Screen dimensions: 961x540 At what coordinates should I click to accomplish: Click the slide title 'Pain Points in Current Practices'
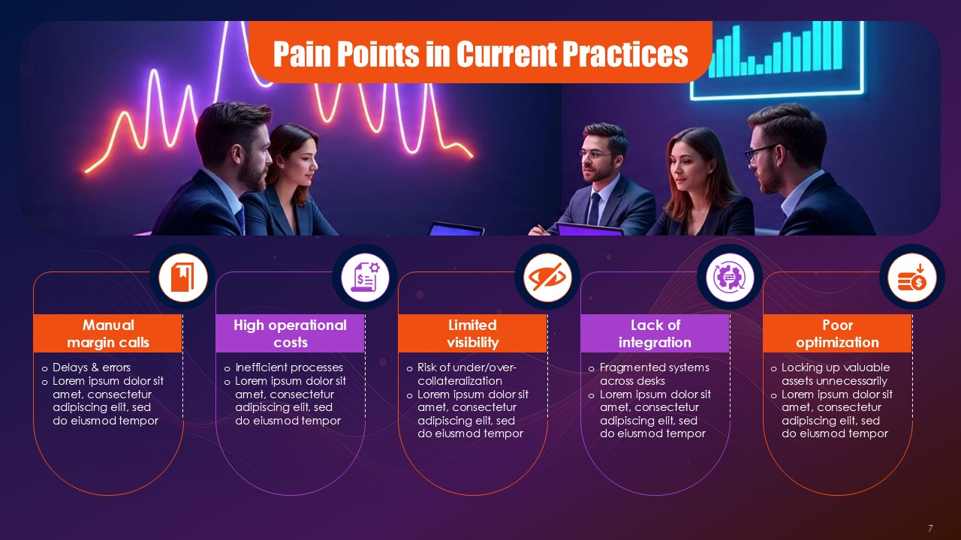[x=480, y=54]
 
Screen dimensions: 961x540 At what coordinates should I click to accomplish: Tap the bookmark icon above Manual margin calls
[x=182, y=277]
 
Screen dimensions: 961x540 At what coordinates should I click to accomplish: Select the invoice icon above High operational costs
[x=365, y=277]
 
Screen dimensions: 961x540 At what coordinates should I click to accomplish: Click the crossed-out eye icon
[x=547, y=277]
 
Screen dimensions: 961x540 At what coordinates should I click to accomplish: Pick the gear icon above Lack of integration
[x=730, y=277]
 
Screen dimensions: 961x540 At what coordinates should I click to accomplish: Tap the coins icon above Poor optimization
[x=912, y=277]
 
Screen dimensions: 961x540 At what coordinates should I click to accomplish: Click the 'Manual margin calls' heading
[x=108, y=334]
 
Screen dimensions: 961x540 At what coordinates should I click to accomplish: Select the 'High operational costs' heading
[x=290, y=334]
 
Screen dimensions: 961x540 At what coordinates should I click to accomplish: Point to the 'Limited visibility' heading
[x=472, y=334]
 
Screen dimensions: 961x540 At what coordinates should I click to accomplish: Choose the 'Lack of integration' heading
[x=655, y=334]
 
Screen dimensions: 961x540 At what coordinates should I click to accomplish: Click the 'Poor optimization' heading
[x=837, y=334]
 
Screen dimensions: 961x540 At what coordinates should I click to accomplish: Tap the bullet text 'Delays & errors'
[x=92, y=367]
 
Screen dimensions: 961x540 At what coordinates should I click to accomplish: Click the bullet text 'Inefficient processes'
[x=289, y=367]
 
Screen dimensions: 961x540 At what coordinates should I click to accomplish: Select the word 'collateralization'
[x=459, y=380]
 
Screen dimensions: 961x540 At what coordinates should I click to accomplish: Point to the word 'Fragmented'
[x=630, y=367]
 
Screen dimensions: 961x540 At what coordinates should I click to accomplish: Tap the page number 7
[x=930, y=528]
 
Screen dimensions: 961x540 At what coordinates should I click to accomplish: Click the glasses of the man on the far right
[x=762, y=152]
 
